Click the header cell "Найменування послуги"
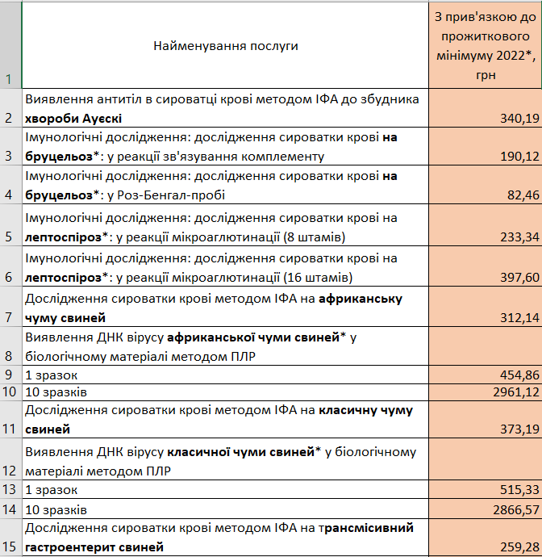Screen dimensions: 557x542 (226, 46)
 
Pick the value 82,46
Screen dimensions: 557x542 (523, 195)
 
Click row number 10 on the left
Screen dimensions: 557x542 (10, 392)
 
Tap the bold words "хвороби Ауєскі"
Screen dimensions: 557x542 (74, 119)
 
